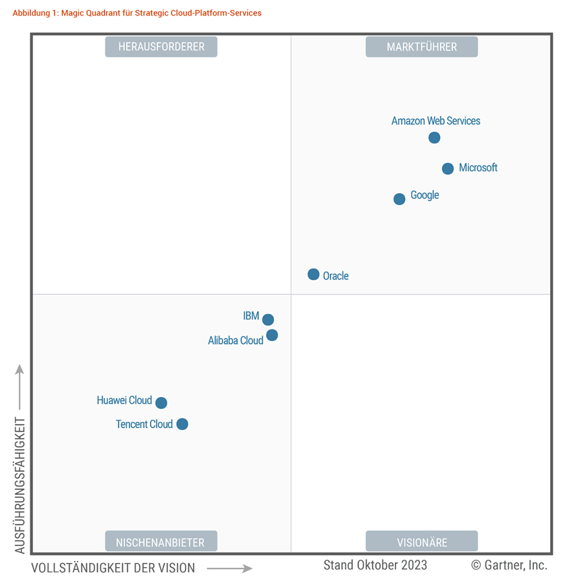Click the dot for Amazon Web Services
[434, 138]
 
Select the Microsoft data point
[448, 169]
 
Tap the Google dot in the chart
[399, 199]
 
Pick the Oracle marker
[313, 274]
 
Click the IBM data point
[268, 320]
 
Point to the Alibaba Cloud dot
[272, 336]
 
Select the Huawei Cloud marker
[161, 403]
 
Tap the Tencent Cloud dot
[182, 424]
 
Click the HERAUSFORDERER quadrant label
[161, 47]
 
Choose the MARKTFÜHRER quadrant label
[421, 47]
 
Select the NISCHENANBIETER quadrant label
[161, 541]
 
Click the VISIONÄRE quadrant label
[421, 541]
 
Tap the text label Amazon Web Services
[435, 121]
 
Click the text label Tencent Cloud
[144, 424]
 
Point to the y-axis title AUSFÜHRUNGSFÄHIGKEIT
[20, 485]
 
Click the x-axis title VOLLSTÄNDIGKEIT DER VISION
[113, 568]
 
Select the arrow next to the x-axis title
[229, 568]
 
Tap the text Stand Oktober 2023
[375, 565]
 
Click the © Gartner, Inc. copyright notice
[508, 565]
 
